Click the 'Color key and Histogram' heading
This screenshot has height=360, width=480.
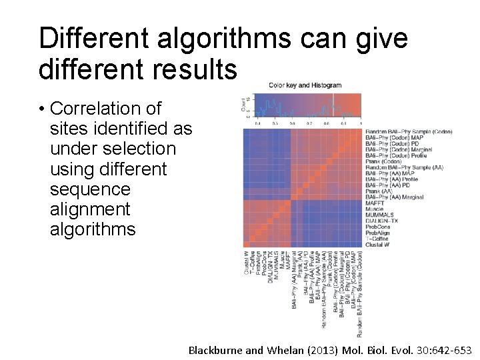305,85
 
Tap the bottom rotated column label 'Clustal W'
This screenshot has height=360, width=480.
247,261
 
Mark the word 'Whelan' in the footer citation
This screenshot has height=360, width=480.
285,349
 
